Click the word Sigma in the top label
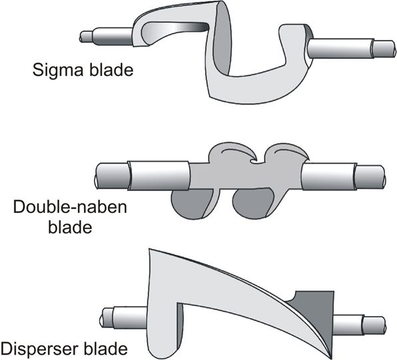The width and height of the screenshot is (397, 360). (57, 70)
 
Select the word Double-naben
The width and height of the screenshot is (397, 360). (70, 207)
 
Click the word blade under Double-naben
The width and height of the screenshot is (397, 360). (70, 226)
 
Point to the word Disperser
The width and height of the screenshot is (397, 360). (39, 349)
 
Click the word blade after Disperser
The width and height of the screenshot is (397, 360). (106, 349)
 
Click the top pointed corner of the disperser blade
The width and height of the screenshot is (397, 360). (149, 249)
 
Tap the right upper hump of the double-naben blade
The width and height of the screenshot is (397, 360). (286, 152)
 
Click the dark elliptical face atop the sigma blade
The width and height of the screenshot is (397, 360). (222, 41)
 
